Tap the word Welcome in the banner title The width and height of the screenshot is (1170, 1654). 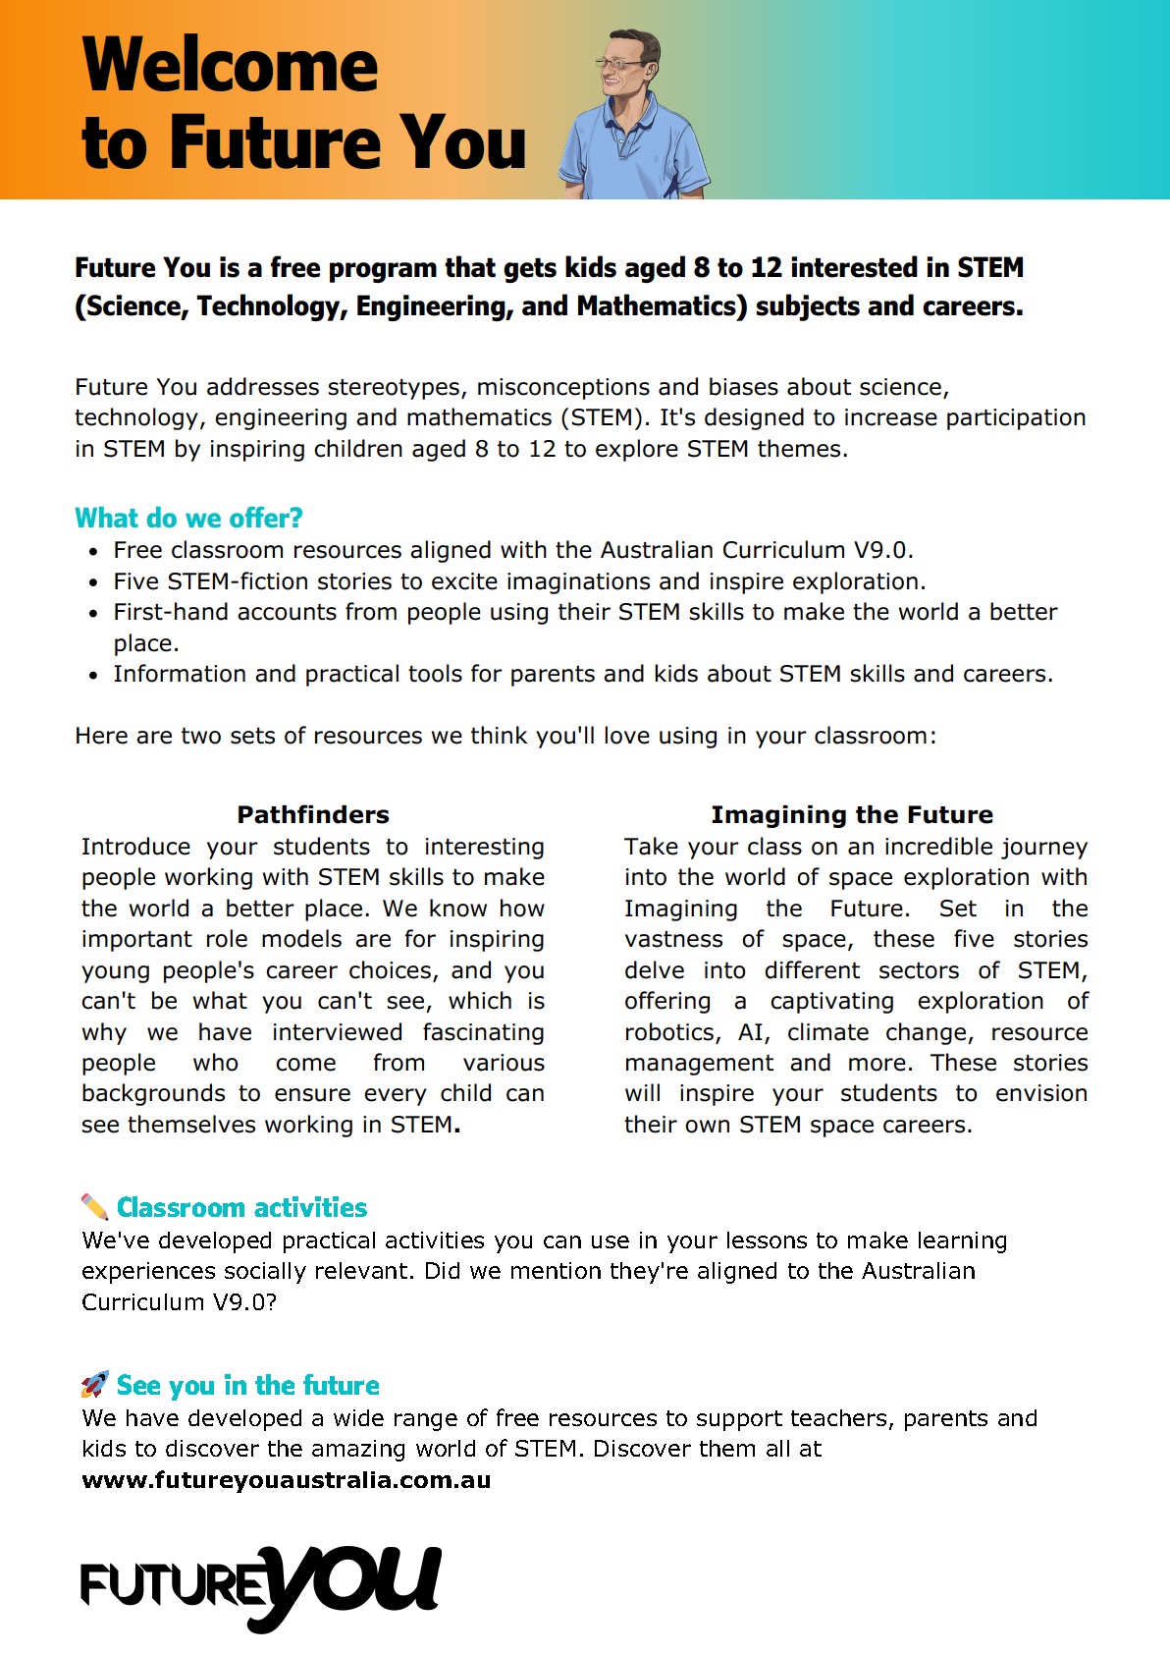[x=231, y=65]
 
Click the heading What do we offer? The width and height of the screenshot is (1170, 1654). [x=188, y=518]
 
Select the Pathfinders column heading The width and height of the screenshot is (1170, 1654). [x=313, y=814]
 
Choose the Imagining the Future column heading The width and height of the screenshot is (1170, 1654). [x=852, y=814]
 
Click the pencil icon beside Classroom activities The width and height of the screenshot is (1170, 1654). [x=94, y=1206]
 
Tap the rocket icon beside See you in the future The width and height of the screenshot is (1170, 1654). [x=94, y=1385]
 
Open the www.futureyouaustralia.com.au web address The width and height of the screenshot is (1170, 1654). [x=286, y=1480]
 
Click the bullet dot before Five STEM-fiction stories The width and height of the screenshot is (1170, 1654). [x=93, y=582]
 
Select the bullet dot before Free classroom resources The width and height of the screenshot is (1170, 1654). [x=93, y=551]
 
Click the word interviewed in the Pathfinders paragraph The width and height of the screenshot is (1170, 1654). [x=337, y=1032]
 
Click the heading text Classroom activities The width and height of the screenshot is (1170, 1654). [x=241, y=1207]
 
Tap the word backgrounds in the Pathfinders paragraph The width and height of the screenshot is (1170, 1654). [x=155, y=1093]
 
